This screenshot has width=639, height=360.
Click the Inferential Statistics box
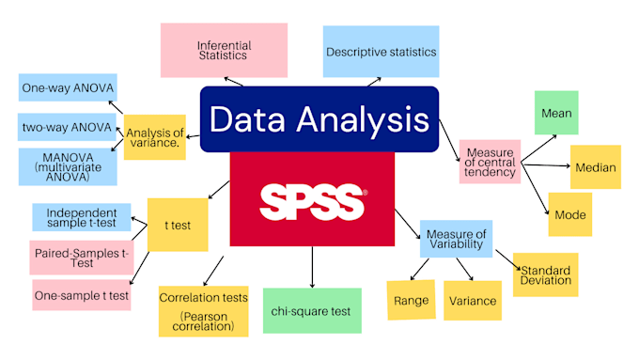pos(223,50)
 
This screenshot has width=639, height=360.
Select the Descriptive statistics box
pos(381,50)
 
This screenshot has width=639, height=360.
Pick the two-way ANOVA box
pos(67,126)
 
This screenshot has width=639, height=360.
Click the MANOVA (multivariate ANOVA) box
pos(67,164)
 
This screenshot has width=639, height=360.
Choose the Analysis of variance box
pos(155,136)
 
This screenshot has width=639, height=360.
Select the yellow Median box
pos(594,167)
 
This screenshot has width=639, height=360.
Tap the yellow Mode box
pos(569,214)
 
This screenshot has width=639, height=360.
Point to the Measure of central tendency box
pos(489,161)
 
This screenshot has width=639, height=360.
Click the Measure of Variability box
pos(456,239)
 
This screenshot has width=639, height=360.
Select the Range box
pos(411,300)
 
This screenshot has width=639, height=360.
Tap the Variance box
pos(471,300)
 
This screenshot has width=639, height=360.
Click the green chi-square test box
pos(311,311)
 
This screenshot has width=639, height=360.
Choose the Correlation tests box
pos(204,310)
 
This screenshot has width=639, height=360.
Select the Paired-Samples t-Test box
pos(82,257)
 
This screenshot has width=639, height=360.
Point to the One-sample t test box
pos(82,294)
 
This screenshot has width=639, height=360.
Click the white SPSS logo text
pos(311,200)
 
